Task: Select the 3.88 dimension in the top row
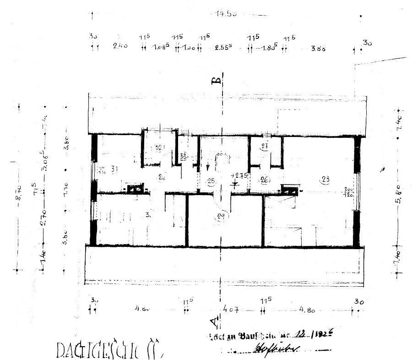(x=318, y=48)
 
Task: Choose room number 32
(x=158, y=147)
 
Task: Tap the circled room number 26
(x=264, y=180)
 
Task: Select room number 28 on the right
(x=325, y=179)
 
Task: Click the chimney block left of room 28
(x=289, y=189)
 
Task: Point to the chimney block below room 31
(x=135, y=188)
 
